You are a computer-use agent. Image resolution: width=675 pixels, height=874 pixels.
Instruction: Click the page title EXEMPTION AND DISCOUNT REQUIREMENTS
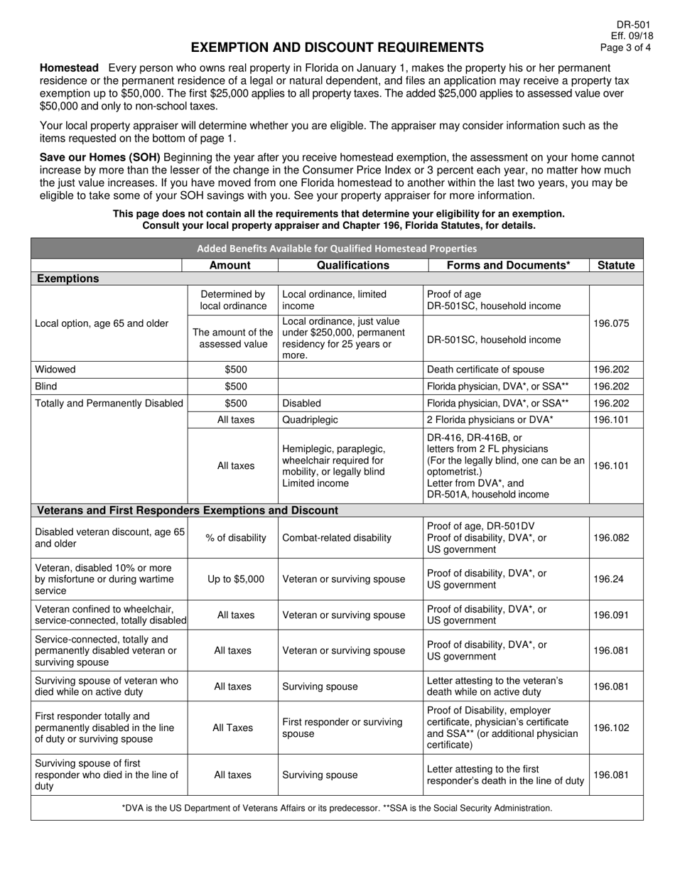pyautogui.click(x=337, y=48)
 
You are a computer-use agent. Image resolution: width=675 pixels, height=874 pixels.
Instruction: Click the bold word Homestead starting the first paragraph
pyautogui.click(x=69, y=68)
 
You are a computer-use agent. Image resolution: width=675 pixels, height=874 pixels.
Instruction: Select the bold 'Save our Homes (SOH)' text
pyautogui.click(x=100, y=158)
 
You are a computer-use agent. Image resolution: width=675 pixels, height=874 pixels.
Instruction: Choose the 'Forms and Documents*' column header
pyautogui.click(x=508, y=265)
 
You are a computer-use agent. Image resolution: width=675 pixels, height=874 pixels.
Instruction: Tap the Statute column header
pyautogui.click(x=615, y=265)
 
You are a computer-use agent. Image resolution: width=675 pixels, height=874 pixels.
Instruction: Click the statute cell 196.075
pyautogui.click(x=615, y=323)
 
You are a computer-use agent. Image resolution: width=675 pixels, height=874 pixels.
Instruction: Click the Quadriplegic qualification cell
pyautogui.click(x=311, y=420)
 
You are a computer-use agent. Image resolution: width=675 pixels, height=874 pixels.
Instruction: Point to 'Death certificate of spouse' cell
pyautogui.click(x=485, y=369)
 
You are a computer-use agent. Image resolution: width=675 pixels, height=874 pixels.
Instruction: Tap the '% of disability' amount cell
pyautogui.click(x=232, y=538)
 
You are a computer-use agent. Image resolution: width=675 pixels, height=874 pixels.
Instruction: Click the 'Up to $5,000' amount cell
pyautogui.click(x=232, y=579)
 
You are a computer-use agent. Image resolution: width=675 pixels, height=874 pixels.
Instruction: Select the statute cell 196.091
pyautogui.click(x=615, y=615)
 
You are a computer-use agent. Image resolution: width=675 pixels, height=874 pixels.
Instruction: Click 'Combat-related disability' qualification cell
pyautogui.click(x=337, y=538)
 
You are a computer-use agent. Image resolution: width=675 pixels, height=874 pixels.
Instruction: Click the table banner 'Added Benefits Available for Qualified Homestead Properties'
pyautogui.click(x=337, y=249)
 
